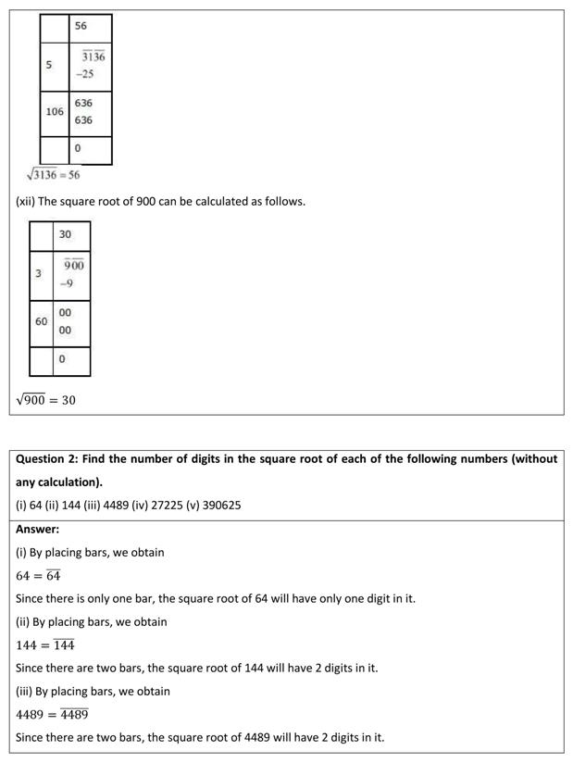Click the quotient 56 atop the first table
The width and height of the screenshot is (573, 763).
pyautogui.click(x=81, y=26)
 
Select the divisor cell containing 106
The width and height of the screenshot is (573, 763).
pyautogui.click(x=55, y=111)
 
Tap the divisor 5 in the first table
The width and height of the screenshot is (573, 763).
pyautogui.click(x=48, y=65)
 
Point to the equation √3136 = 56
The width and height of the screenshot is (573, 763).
pyautogui.click(x=54, y=174)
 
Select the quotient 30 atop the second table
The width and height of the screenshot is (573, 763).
pyautogui.click(x=65, y=234)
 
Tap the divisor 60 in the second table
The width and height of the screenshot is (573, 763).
pyautogui.click(x=42, y=321)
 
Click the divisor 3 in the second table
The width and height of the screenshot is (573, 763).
pyautogui.click(x=38, y=274)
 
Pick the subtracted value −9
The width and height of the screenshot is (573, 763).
pyautogui.click(x=67, y=283)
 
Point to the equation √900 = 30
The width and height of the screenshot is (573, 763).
pyautogui.click(x=45, y=400)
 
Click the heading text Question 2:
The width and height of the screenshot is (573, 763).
pyautogui.click(x=47, y=459)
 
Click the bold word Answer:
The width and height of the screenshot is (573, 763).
pyautogui.click(x=37, y=529)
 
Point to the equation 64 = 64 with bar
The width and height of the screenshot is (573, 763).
pyautogui.click(x=38, y=575)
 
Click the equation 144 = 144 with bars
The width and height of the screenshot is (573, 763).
pyautogui.click(x=45, y=644)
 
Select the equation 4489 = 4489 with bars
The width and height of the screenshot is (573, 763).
pyautogui.click(x=52, y=714)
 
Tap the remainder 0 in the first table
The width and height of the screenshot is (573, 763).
pyautogui.click(x=78, y=148)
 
